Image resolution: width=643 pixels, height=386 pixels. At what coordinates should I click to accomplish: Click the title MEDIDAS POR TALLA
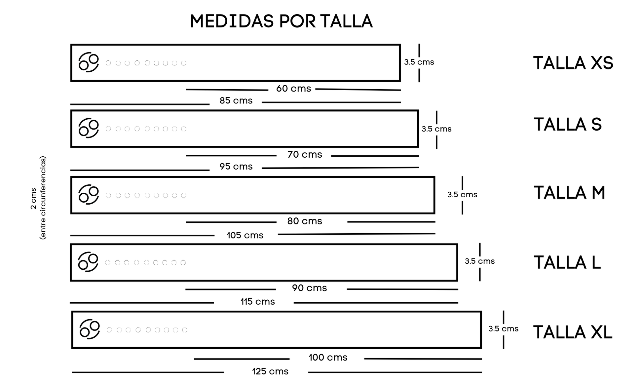point(281,21)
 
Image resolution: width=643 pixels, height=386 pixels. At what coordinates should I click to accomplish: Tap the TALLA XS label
point(573,63)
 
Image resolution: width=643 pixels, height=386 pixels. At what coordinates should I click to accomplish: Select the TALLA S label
point(568,125)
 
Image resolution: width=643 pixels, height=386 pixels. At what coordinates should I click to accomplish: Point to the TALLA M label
point(569,193)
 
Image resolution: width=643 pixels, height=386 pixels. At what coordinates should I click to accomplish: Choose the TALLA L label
point(567,263)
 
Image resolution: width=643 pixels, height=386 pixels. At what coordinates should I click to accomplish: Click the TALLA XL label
point(573,332)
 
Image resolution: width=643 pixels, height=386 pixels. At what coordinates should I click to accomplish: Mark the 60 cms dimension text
point(293,89)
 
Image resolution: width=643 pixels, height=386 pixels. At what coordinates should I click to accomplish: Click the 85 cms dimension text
point(236,100)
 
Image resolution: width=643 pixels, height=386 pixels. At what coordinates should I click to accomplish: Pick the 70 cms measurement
point(304,155)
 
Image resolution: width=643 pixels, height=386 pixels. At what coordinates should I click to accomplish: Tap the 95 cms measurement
point(236,167)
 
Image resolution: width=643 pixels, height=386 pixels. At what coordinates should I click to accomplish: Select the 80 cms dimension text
point(304,221)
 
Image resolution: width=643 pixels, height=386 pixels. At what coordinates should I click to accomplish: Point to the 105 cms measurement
point(245,235)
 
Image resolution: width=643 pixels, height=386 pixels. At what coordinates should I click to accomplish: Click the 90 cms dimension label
point(309,288)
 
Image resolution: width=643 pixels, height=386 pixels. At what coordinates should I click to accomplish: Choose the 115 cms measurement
point(257,302)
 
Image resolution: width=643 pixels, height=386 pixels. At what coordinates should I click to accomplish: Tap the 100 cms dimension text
point(328,358)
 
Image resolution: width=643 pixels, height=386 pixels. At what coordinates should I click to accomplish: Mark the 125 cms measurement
point(270,371)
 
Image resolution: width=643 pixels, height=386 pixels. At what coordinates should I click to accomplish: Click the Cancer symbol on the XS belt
point(89,62)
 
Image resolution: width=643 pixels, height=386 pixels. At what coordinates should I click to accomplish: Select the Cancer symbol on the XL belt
point(90,329)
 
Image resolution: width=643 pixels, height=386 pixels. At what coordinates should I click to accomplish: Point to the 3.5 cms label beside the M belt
point(462,195)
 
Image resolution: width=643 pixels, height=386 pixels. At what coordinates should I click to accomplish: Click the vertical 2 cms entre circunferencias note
point(38,198)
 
